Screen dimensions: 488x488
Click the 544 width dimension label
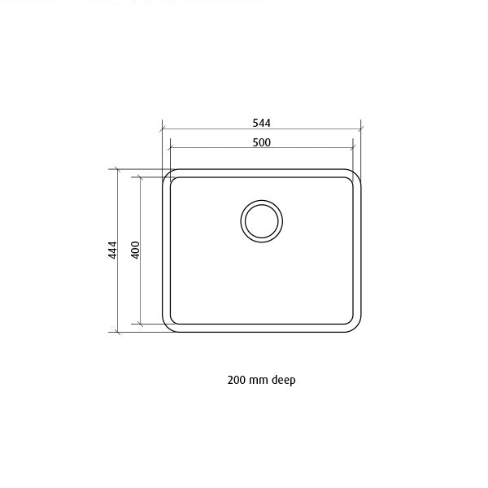pyautogui.click(x=261, y=123)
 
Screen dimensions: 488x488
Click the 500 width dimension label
pyautogui.click(x=261, y=142)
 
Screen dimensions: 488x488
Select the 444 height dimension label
pyautogui.click(x=113, y=251)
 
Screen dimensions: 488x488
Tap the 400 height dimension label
pyautogui.click(x=135, y=251)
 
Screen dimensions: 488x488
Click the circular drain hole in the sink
pyautogui.click(x=261, y=220)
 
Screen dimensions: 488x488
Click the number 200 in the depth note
pyautogui.click(x=237, y=380)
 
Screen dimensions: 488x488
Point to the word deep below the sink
pyautogui.click(x=283, y=381)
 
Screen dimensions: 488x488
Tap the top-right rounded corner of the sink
pyautogui.click(x=355, y=176)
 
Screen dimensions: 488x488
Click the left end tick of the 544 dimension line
pyautogui.click(x=163, y=129)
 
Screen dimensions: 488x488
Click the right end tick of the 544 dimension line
pyautogui.click(x=360, y=129)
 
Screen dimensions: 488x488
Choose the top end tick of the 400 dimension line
pyautogui.click(x=141, y=176)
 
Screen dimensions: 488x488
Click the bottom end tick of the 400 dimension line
pyautogui.click(x=141, y=325)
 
